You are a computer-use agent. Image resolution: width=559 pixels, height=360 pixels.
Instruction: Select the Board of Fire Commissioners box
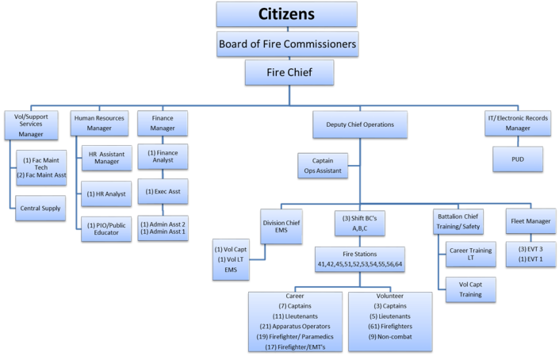point(287,43)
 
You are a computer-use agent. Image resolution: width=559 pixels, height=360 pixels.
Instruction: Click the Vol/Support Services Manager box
point(31,125)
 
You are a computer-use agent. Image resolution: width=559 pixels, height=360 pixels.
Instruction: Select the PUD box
point(518,159)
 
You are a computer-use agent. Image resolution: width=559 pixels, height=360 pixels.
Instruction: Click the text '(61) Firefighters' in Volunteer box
point(390,325)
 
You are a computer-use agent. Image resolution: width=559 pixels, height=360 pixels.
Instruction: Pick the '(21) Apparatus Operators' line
point(294,325)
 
